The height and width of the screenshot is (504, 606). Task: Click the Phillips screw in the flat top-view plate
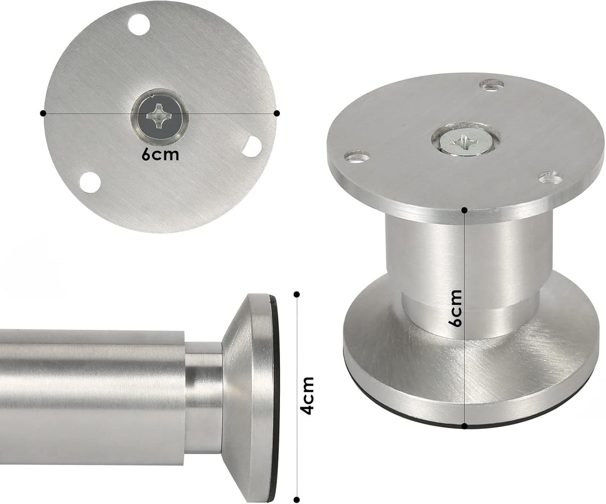click(160, 116)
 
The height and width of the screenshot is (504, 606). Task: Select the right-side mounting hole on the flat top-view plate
click(252, 146)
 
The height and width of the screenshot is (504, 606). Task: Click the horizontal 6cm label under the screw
click(160, 154)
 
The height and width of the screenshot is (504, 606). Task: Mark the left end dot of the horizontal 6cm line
click(43, 113)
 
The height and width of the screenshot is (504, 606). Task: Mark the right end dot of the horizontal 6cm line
click(277, 113)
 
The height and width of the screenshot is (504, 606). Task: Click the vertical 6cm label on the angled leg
click(456, 308)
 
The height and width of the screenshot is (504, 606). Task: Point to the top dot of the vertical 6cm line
click(465, 210)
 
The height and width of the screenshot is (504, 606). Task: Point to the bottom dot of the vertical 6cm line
click(465, 426)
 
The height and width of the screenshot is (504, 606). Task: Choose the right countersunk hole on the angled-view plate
click(551, 178)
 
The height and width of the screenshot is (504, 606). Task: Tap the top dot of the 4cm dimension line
click(297, 294)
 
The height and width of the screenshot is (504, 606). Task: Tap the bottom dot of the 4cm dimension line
click(297, 500)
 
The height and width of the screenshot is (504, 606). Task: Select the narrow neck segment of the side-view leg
click(203, 398)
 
